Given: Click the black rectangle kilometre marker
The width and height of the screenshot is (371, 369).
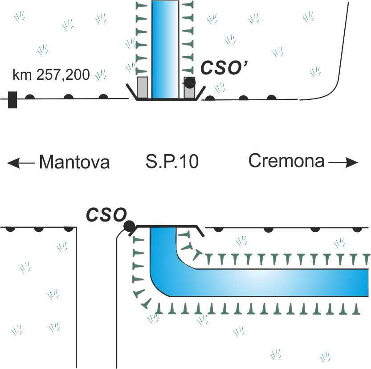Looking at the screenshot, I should coord(12,99).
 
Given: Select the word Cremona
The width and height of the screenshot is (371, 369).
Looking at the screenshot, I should coord(286,161).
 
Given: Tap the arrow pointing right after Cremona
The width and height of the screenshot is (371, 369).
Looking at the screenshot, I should coord(343,163).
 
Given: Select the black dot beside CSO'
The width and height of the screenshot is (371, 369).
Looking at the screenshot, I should coord(190,82).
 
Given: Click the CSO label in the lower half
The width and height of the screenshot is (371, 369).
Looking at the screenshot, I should coord(106,215).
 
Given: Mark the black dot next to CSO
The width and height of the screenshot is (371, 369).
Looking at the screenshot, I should coord(129,226).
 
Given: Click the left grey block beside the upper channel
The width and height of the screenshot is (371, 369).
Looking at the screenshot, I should coord(142,87).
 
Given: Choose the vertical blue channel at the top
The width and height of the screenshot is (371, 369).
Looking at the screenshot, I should coord(165,49).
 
